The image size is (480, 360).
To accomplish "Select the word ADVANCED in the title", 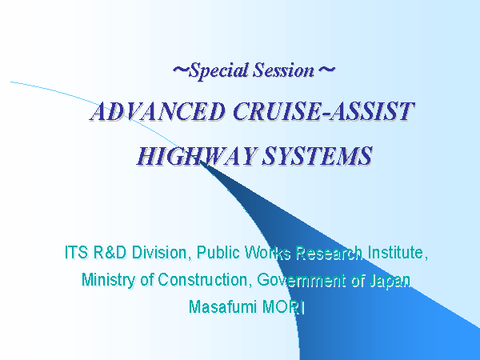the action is click(158, 111).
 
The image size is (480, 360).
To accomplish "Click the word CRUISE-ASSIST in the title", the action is click(324, 111).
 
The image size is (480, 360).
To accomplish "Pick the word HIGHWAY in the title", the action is click(196, 156).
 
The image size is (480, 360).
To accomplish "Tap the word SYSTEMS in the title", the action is click(317, 156).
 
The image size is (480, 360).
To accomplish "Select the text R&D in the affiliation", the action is click(110, 253).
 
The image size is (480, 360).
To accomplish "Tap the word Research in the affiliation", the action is click(329, 253).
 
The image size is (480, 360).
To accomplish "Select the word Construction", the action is click(205, 280).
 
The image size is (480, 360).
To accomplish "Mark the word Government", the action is click(302, 280).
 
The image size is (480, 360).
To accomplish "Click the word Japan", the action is click(390, 281).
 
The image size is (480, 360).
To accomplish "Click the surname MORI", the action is click(283, 306).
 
